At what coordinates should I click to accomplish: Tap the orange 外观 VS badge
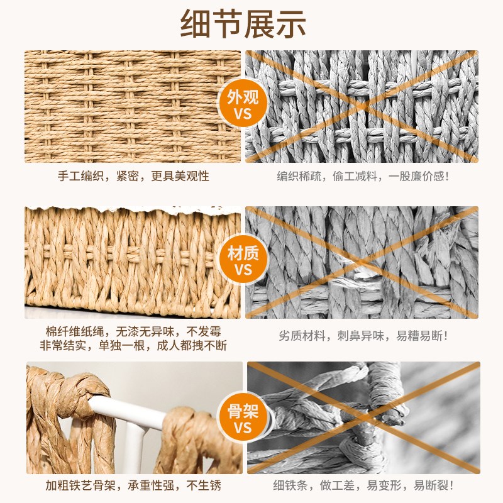point(243,106)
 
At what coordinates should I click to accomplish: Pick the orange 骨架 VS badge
point(243,419)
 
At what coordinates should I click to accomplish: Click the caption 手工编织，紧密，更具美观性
point(133,177)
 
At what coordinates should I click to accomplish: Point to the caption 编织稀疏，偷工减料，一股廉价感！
point(363,177)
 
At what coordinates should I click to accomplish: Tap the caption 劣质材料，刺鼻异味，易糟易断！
point(363,336)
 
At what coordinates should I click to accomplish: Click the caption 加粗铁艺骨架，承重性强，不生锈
point(133,485)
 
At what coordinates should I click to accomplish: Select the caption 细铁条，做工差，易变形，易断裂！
point(364,485)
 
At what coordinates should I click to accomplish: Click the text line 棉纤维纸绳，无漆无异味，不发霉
point(133,331)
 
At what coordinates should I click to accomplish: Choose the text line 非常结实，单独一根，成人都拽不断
point(133,345)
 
